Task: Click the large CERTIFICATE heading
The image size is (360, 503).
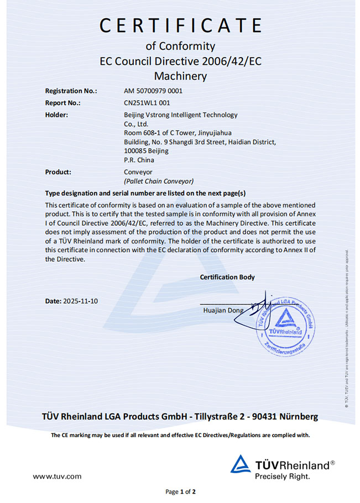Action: [180, 25]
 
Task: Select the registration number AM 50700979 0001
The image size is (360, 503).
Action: [153, 91]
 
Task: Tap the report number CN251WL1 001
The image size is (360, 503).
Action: [147, 103]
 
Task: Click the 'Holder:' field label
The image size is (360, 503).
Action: [56, 115]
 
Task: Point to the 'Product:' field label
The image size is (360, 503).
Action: [58, 172]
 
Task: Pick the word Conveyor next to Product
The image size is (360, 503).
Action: [138, 172]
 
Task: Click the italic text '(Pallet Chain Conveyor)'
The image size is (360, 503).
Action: [159, 181]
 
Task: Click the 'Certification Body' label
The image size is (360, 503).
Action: [227, 277]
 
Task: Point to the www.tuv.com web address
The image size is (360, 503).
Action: [57, 476]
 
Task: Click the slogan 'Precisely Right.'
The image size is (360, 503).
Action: [282, 476]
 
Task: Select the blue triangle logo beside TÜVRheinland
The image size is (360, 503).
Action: [241, 465]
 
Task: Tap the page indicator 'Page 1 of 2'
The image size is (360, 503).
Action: [181, 491]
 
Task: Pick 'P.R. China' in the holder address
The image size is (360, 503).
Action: [139, 160]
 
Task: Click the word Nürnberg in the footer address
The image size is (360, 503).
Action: [299, 416]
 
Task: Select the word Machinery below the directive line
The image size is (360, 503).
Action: [180, 76]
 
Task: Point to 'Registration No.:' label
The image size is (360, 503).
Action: [71, 91]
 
